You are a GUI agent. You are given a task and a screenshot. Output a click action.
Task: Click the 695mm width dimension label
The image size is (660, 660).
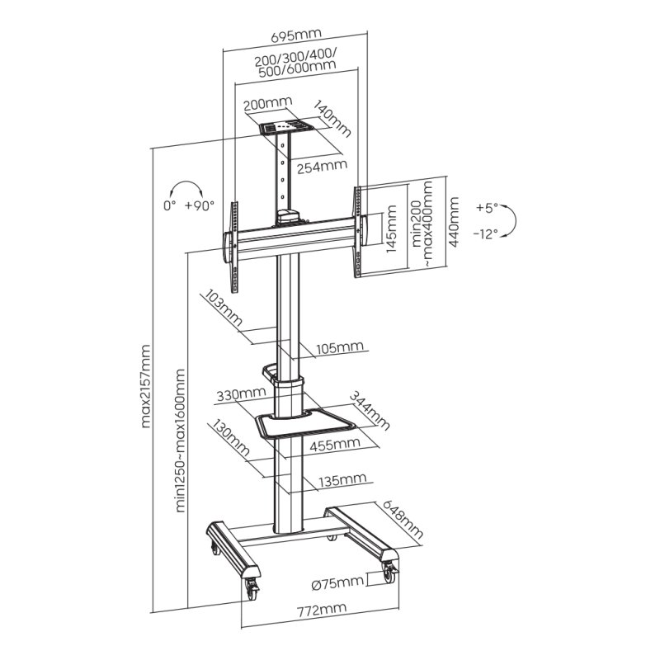point(295,35)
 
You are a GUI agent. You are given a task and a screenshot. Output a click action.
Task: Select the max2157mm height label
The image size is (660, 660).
point(148,387)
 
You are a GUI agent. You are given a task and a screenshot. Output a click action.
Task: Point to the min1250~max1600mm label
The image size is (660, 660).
point(181,441)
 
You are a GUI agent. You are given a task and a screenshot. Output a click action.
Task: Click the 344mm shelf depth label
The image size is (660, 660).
point(369,409)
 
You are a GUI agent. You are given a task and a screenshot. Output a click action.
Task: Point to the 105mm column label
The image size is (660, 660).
point(338,347)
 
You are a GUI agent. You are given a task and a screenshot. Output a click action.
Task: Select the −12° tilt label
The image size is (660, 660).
point(486,233)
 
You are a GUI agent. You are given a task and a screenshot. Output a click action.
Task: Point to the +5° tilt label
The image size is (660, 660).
point(487,207)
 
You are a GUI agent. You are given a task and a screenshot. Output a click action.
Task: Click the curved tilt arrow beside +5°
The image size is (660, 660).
point(512,220)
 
